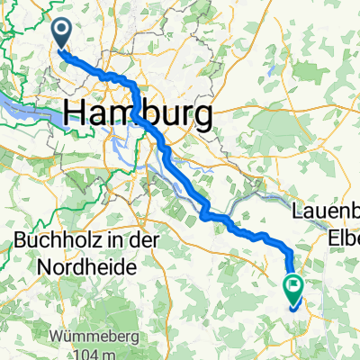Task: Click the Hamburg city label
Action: [139, 113]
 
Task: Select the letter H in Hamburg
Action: [76, 113]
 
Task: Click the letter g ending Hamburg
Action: [203, 117]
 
